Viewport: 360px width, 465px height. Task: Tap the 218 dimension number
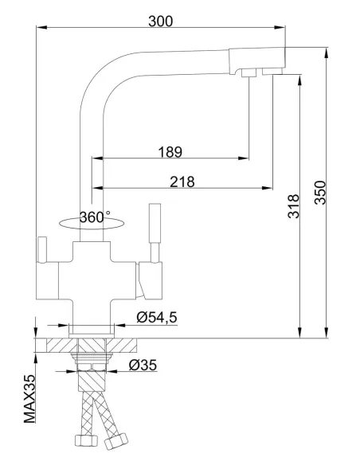[183, 182]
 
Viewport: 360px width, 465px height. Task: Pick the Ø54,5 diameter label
[157, 318]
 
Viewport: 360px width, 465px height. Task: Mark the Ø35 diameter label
[143, 366]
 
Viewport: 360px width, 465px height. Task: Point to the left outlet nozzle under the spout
[248, 74]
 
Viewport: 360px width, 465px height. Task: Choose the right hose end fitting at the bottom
[112, 440]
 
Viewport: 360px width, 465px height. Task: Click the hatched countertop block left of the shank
[58, 345]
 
